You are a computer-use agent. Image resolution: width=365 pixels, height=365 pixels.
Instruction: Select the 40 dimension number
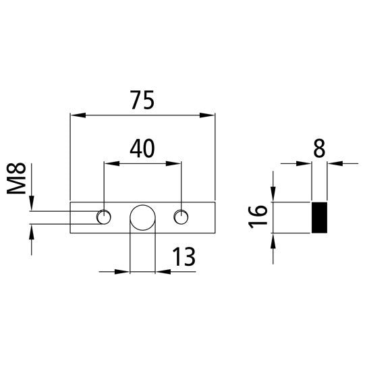(142, 148)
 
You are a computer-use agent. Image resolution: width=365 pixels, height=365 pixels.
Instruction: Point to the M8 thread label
(20, 180)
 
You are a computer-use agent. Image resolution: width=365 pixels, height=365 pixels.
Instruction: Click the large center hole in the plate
(142, 217)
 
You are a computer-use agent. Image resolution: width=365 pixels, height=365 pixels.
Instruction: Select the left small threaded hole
(104, 217)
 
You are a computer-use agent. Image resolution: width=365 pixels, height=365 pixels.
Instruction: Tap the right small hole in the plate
(180, 217)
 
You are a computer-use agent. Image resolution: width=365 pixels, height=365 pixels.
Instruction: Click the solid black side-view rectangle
(318, 217)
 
